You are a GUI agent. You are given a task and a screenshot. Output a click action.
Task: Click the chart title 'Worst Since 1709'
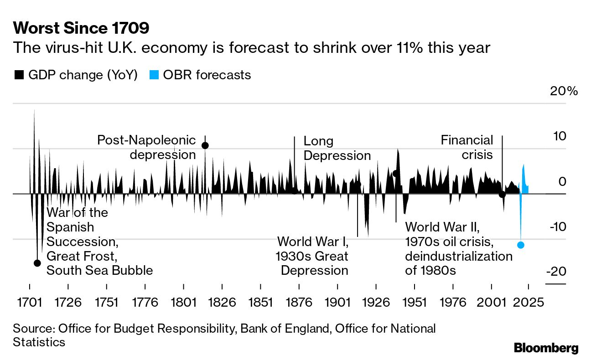[81, 29]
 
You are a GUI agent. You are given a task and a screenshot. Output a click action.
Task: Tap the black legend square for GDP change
[19, 75]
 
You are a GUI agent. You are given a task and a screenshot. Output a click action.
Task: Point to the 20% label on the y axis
[564, 91]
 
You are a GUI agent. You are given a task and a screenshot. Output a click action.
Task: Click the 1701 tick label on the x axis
[30, 302]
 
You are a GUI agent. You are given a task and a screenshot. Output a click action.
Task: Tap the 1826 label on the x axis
[222, 302]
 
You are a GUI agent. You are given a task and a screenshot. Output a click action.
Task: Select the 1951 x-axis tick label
[415, 302]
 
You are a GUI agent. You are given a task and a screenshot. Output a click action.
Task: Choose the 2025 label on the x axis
[529, 302]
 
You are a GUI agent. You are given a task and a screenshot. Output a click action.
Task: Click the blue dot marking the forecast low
[521, 245]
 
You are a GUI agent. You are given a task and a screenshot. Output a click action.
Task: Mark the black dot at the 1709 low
[37, 263]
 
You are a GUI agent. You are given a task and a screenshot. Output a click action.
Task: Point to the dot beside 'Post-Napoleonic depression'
[205, 145]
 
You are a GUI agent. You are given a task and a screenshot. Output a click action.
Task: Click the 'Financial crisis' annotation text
[467, 147]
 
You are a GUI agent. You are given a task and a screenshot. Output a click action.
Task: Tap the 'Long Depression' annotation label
[337, 148]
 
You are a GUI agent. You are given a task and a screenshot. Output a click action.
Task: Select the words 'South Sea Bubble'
[99, 270]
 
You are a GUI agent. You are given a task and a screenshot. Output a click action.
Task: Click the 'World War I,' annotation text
[313, 241]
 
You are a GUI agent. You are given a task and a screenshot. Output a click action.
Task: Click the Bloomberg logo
[546, 348]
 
